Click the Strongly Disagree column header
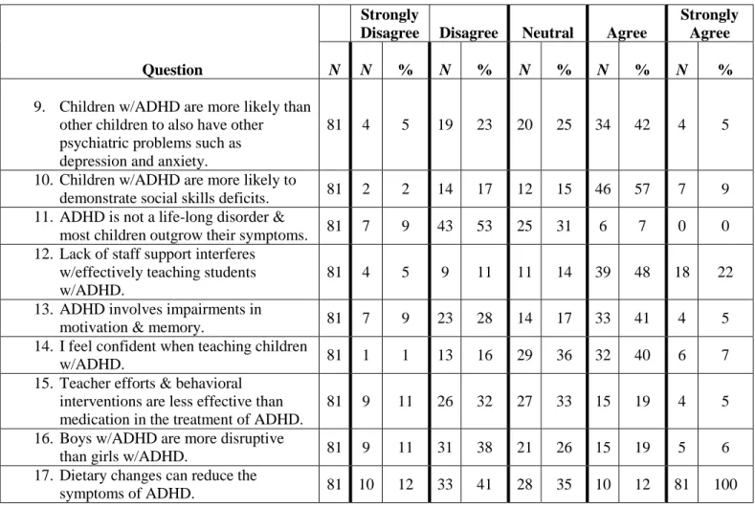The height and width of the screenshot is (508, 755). pyautogui.click(x=389, y=24)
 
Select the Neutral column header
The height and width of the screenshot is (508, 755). pyautogui.click(x=547, y=33)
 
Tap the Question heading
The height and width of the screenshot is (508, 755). pyautogui.click(x=172, y=70)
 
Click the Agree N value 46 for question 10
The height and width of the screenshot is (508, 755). pyautogui.click(x=603, y=188)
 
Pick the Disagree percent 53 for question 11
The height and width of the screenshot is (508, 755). pyautogui.click(x=484, y=226)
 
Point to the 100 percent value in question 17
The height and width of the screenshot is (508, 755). pyautogui.click(x=725, y=484)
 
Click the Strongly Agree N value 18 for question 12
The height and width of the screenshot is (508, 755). pyautogui.click(x=682, y=272)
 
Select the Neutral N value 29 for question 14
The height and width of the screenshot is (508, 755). pyautogui.click(x=524, y=355)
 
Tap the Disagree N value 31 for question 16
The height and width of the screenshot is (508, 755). pyautogui.click(x=445, y=448)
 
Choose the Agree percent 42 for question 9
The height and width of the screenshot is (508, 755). pyautogui.click(x=642, y=124)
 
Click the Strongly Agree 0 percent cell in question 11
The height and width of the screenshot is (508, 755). pyautogui.click(x=725, y=226)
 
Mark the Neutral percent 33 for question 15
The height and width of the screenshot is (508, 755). pyautogui.click(x=564, y=401)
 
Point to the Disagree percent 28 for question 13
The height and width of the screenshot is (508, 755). pyautogui.click(x=484, y=318)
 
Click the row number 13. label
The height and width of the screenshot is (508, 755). pyautogui.click(x=43, y=309)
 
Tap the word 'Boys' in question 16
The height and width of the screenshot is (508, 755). pyautogui.click(x=76, y=439)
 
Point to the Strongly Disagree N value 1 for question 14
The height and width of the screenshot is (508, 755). pyautogui.click(x=366, y=355)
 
